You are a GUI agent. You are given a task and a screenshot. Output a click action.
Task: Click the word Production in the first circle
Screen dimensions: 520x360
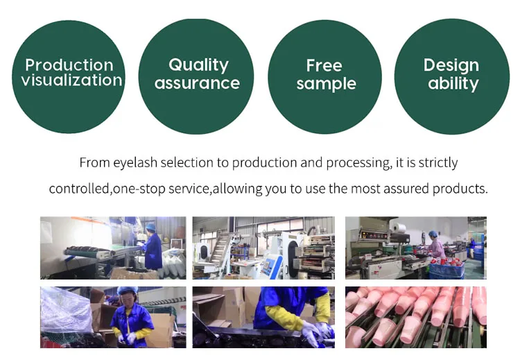pyautogui.click(x=69, y=65)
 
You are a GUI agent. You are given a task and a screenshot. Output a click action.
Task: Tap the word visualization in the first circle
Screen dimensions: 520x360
pyautogui.click(x=71, y=80)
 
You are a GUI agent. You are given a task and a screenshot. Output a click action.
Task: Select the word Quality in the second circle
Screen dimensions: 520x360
pyautogui.click(x=198, y=66)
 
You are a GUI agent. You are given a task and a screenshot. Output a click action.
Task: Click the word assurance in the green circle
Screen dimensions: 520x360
pyautogui.click(x=197, y=84)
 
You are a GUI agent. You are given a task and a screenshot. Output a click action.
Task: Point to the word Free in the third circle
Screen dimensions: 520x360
pyautogui.click(x=324, y=66)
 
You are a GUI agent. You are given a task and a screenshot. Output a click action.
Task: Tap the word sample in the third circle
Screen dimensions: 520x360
pyautogui.click(x=326, y=84)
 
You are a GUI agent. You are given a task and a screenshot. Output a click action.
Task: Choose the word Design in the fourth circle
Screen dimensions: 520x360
pyautogui.click(x=451, y=66)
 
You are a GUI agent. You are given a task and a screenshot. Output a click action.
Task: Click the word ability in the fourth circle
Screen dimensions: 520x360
pyautogui.click(x=453, y=84)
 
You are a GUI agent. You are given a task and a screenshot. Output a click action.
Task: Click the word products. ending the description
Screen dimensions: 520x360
pyautogui.click(x=460, y=189)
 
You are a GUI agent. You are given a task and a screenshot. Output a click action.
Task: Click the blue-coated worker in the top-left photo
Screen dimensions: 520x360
pyautogui.click(x=153, y=250)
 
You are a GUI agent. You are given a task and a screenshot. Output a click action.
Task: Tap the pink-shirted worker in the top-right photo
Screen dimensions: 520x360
pyautogui.click(x=436, y=246)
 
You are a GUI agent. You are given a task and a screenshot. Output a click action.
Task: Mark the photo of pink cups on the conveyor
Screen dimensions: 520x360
pyautogui.click(x=415, y=317)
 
